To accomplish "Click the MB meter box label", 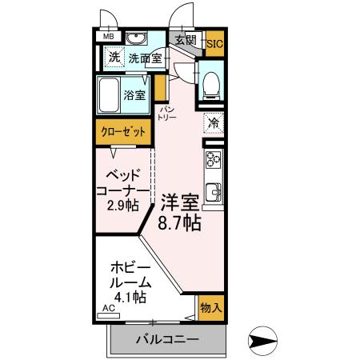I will (x=107, y=37).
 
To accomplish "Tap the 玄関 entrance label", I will (x=186, y=39).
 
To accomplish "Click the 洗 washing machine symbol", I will (x=114, y=58).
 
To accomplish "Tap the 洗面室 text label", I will (x=146, y=58).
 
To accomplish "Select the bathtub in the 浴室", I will (x=110, y=95).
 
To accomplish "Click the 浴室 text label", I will (x=134, y=96).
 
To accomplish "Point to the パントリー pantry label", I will (x=167, y=112).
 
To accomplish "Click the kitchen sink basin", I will (x=214, y=192).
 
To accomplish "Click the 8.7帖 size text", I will (x=178, y=223).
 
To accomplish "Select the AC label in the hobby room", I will (x=107, y=306).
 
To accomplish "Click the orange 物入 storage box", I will (x=211, y=307).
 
